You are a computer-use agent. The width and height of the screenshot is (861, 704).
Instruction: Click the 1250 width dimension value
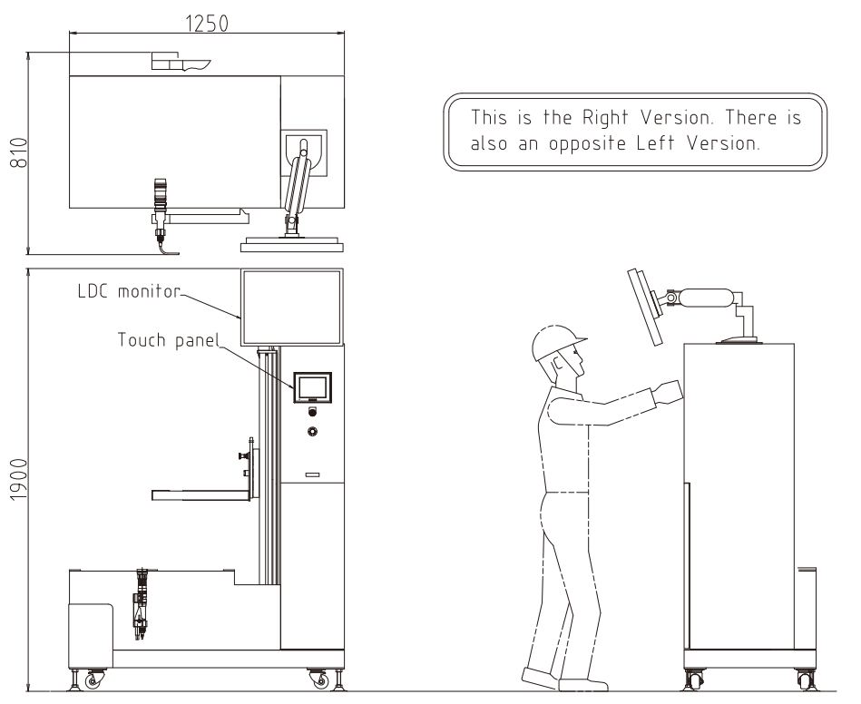pos(207,24)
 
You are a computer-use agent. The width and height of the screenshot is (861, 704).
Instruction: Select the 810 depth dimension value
pos(19,153)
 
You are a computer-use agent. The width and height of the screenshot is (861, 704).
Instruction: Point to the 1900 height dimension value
pos(19,479)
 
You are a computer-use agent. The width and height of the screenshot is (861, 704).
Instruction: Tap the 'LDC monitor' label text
pos(129,291)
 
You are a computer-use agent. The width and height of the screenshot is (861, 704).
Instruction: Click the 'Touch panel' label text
pos(169,340)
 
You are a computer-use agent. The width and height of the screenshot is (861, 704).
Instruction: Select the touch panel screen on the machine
pos(312,387)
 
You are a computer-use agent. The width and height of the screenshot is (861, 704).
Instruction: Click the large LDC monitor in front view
pos(291,307)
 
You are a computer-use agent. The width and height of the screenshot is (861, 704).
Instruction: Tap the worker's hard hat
pos(557,341)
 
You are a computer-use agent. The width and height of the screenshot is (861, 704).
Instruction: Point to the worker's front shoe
pos(583,685)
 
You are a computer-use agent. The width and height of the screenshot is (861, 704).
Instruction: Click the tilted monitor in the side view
pos(646,307)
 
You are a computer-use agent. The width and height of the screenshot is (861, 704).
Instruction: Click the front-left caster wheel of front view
pos(93,680)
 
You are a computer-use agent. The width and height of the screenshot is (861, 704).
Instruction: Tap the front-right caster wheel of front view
pos(319,680)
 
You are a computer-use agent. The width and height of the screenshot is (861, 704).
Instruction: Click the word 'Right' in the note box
pos(605,118)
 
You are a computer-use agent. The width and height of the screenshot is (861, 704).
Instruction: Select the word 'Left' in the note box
pos(656,143)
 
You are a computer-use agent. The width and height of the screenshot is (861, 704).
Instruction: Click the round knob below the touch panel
pos(312,432)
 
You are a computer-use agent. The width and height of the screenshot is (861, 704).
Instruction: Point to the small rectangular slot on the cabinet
pos(312,474)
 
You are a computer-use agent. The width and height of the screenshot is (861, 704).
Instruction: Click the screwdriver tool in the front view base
pos(142,604)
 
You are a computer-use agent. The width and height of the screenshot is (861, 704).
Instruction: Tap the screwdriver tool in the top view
pos(160,210)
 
